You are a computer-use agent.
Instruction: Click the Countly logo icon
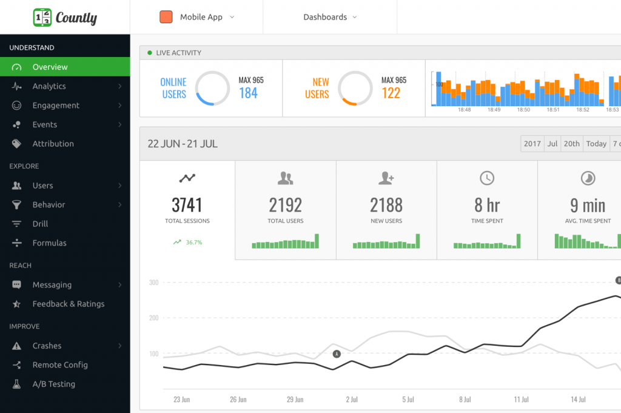click(x=42, y=17)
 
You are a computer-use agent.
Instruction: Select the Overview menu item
click(x=50, y=67)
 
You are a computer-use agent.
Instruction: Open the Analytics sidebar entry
click(x=49, y=86)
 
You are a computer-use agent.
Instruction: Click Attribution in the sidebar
click(x=53, y=144)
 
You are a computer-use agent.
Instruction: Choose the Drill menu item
click(x=40, y=224)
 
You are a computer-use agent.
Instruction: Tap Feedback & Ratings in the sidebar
click(x=68, y=304)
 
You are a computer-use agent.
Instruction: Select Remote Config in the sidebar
click(x=59, y=365)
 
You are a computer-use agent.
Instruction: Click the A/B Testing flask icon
click(x=17, y=384)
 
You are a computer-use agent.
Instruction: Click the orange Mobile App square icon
click(x=166, y=17)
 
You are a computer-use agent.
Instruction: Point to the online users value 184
click(x=248, y=93)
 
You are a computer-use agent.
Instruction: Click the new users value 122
click(x=391, y=93)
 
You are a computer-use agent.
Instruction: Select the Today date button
click(x=596, y=144)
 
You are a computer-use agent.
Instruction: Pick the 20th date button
click(x=571, y=144)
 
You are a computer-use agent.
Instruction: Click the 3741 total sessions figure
click(x=187, y=205)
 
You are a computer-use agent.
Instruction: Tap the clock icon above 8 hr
click(x=487, y=178)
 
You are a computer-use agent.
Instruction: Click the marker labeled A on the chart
click(x=337, y=354)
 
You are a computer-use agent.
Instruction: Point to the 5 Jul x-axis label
click(x=408, y=400)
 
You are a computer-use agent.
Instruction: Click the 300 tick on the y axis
click(x=153, y=283)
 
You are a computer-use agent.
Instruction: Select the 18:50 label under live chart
click(x=523, y=110)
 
